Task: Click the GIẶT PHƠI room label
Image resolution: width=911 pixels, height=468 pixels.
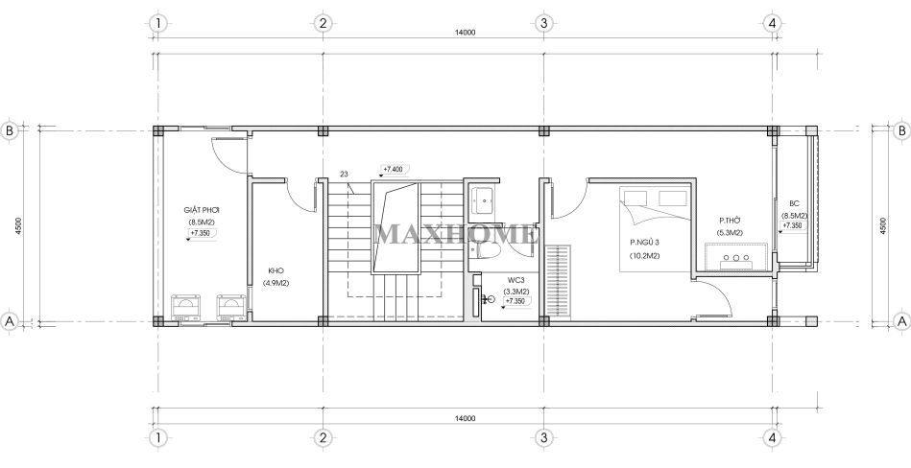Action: point(201,210)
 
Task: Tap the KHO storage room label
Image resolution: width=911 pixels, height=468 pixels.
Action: point(276,270)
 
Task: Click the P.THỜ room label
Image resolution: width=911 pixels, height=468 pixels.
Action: point(731,221)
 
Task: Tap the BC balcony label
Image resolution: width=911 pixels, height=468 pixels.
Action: point(794,204)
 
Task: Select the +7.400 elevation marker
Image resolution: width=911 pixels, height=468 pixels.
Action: point(393,170)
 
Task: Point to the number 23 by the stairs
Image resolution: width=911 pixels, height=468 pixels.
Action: point(345,173)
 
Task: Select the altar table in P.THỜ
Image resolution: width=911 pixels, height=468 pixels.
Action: point(736,258)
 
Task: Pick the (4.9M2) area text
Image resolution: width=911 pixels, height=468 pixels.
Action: point(276,283)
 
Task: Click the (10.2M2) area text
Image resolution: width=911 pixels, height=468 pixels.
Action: point(644,255)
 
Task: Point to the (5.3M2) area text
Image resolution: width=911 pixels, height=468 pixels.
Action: point(730,233)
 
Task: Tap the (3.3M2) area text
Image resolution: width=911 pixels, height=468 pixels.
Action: point(515,292)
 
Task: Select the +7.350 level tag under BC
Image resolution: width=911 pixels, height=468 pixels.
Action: point(793,226)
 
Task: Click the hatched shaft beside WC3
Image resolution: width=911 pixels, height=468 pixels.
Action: point(558,282)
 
